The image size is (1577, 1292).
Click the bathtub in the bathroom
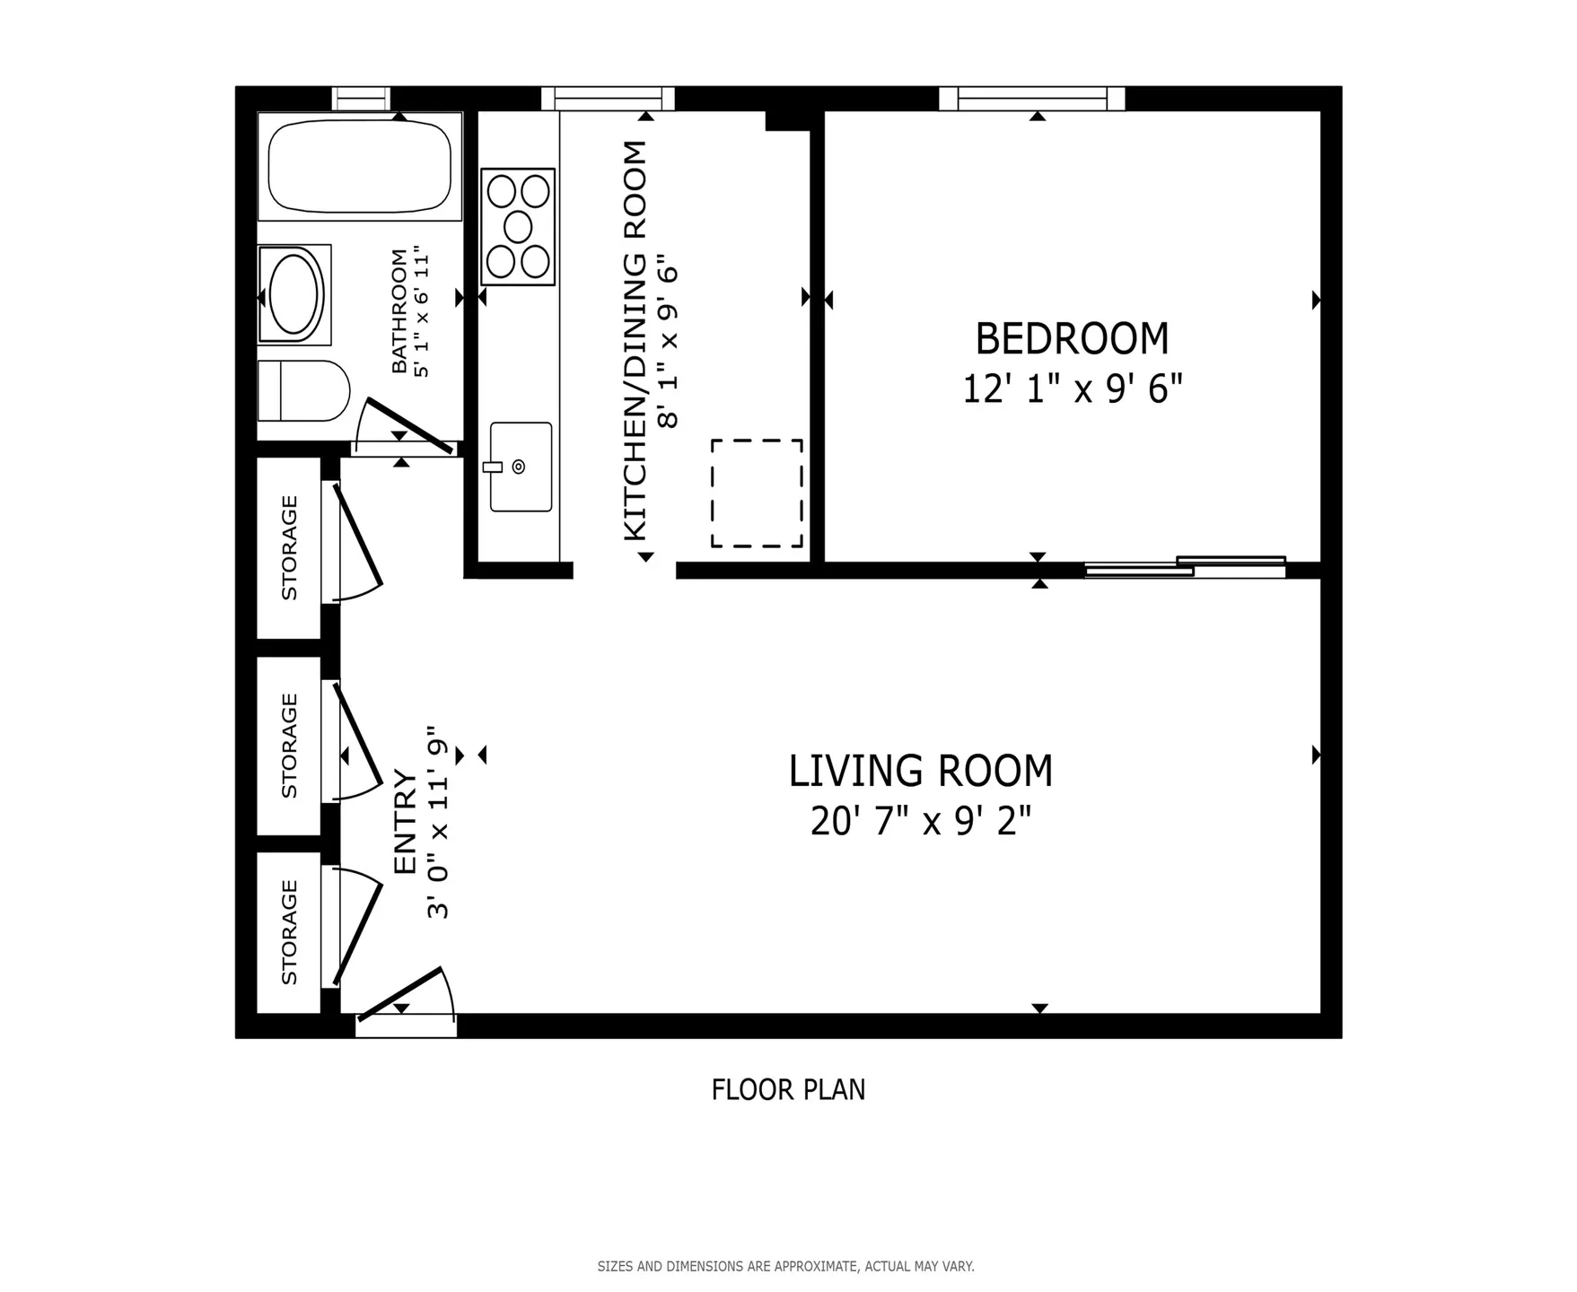[x=359, y=166]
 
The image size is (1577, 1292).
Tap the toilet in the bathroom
[x=303, y=390]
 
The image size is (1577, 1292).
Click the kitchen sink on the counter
[x=521, y=467]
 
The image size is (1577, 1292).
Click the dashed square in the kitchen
[x=757, y=493]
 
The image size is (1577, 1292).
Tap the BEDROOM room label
[x=1072, y=339]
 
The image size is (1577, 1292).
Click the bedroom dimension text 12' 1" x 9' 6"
[x=1072, y=389]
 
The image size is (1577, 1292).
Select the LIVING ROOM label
[x=920, y=771]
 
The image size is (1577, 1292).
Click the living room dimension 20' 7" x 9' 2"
[x=920, y=821]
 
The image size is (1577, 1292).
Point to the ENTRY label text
[x=406, y=822]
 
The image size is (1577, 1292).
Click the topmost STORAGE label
[x=289, y=547]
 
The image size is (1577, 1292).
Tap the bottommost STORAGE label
[x=289, y=931]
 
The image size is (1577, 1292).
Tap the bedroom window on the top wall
[x=1032, y=98]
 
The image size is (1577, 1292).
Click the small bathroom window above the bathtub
[x=361, y=98]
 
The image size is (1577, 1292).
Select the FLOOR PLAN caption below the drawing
[x=788, y=1090]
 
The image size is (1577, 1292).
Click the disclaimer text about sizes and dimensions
[x=785, y=1267]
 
